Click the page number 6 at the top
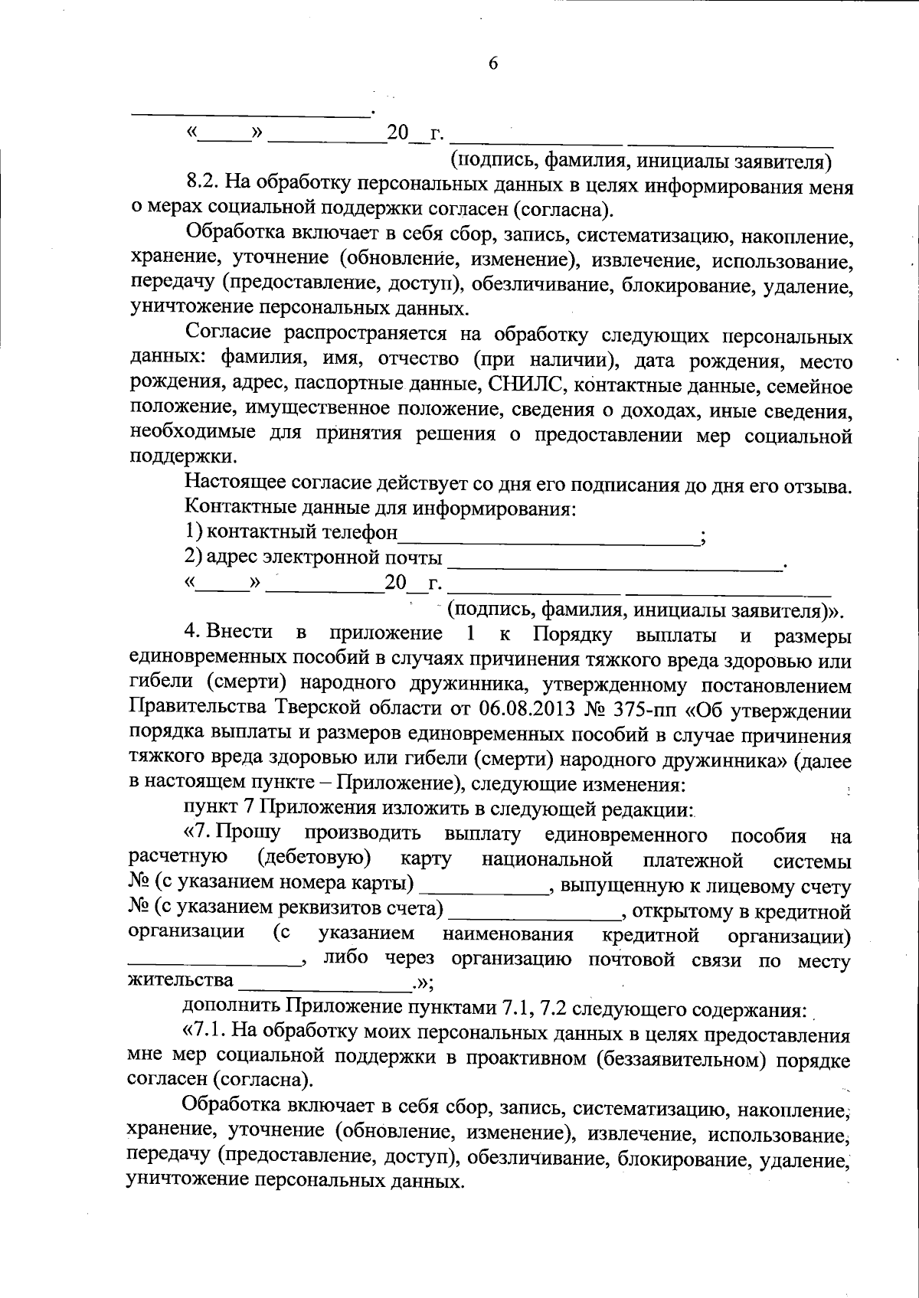click(492, 64)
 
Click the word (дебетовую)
click(315, 858)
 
